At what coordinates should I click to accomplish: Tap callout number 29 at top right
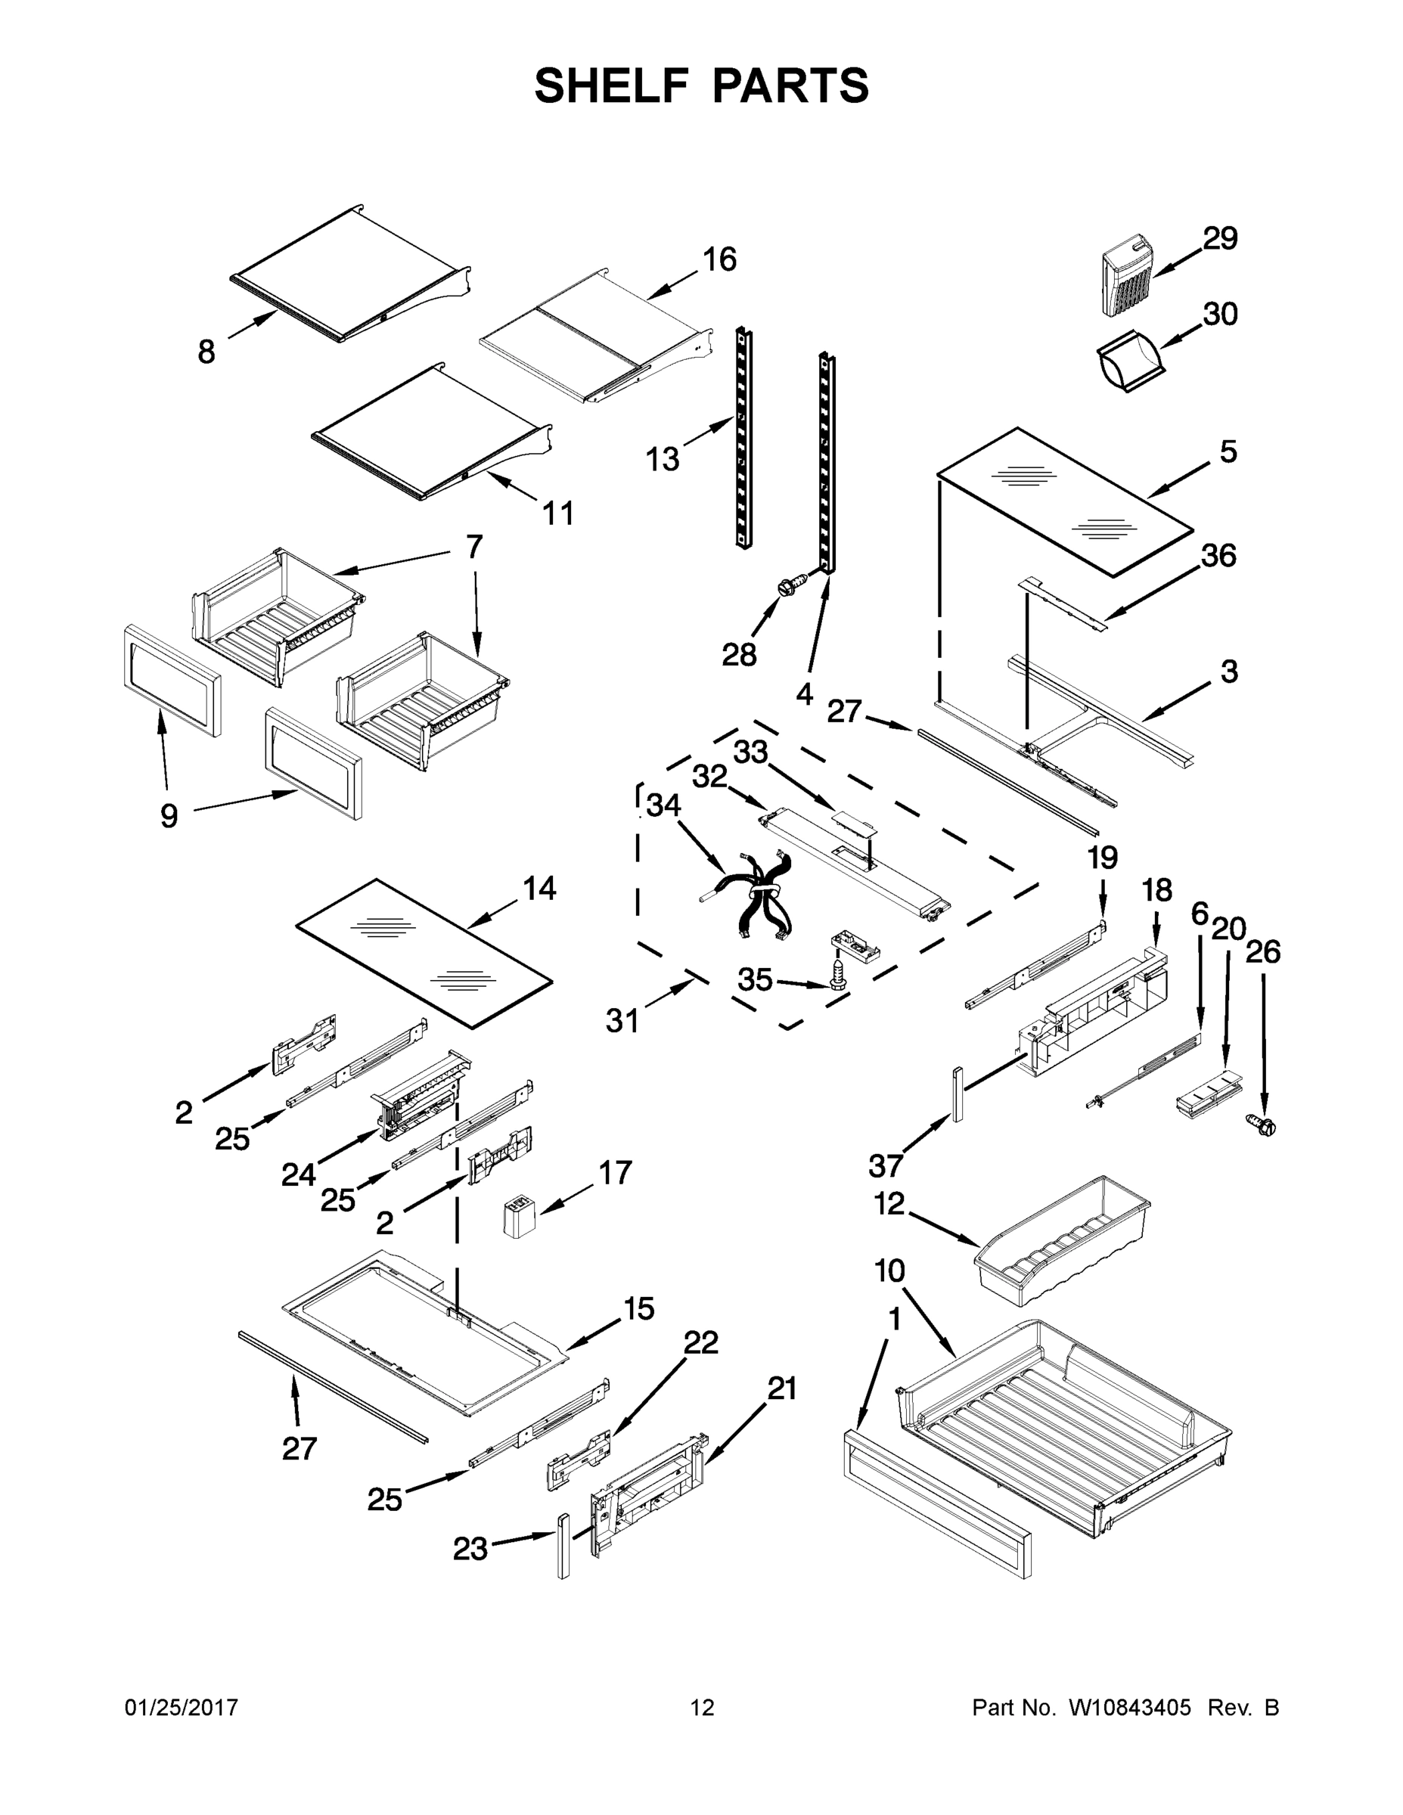point(1219,238)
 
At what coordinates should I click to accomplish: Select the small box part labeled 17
point(518,1218)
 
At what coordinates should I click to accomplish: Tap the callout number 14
point(539,889)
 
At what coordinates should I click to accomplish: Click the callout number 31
point(622,1019)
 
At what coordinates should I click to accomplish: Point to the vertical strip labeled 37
point(958,1094)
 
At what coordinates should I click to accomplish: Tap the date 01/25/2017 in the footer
point(182,1707)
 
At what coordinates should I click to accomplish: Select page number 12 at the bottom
point(702,1707)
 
